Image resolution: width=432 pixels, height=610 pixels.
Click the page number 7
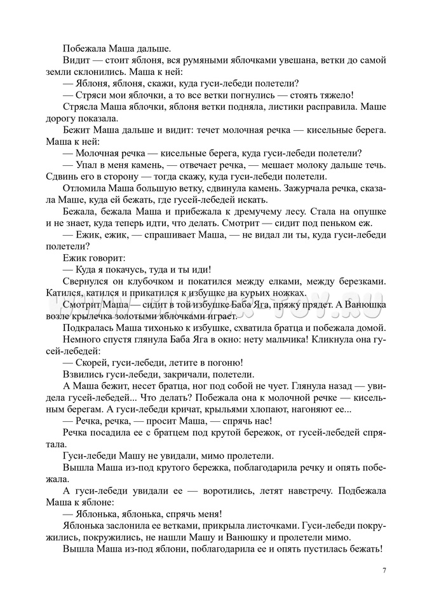pyautogui.click(x=384, y=569)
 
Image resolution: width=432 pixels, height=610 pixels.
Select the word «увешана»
pyautogui.click(x=280, y=60)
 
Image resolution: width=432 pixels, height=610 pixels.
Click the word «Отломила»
pyautogui.click(x=86, y=188)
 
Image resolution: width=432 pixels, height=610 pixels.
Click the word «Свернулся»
pyautogui.click(x=87, y=281)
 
